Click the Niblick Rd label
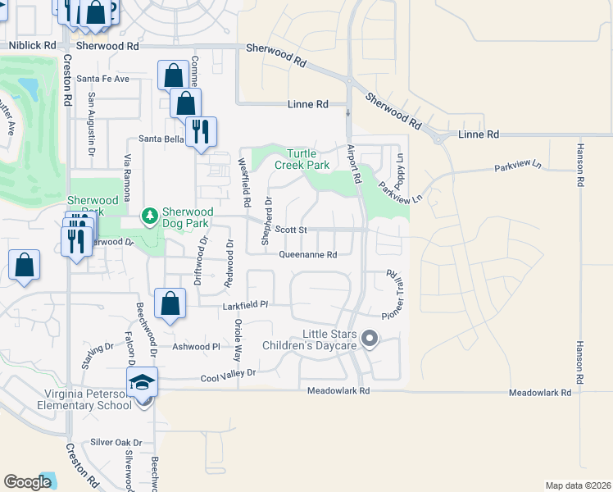tap(32, 47)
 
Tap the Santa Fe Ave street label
tap(102, 80)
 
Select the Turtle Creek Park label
tap(308, 159)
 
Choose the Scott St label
tap(290, 230)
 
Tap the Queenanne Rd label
tap(308, 255)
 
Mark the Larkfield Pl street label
tap(246, 305)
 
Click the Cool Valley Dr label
tap(229, 373)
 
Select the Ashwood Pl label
tap(197, 347)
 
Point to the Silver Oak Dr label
tap(116, 442)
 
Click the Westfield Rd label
tap(244, 182)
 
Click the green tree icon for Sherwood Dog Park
tap(149, 216)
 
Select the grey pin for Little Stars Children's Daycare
tap(369, 338)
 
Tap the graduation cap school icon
tap(142, 382)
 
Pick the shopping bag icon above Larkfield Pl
tap(170, 303)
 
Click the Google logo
tap(28, 482)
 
